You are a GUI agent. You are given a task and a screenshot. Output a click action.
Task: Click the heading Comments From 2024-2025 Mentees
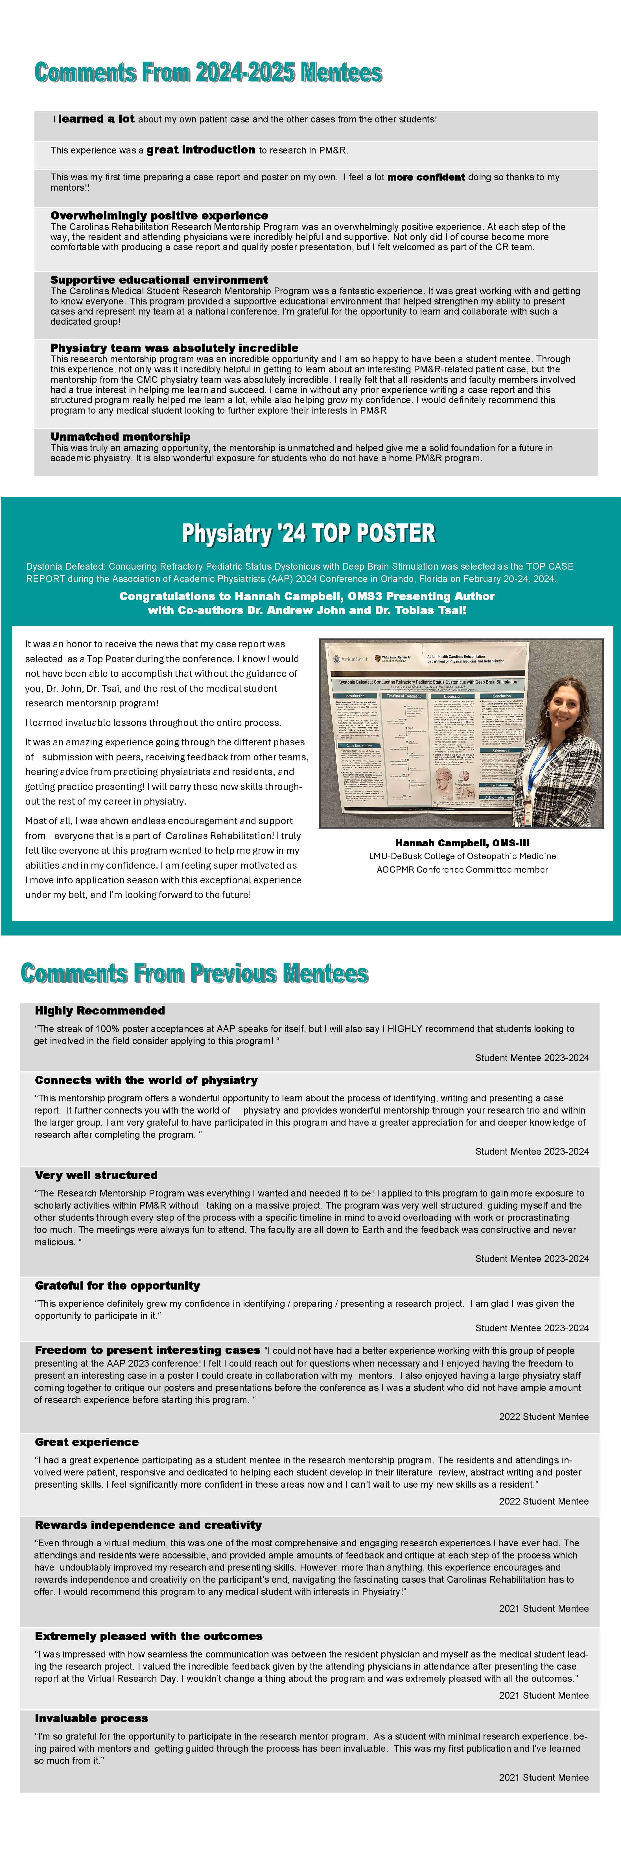pyautogui.click(x=208, y=73)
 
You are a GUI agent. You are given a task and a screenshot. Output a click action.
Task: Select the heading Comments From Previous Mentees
pyautogui.click(x=194, y=974)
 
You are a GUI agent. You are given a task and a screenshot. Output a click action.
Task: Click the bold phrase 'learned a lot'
pyautogui.click(x=96, y=119)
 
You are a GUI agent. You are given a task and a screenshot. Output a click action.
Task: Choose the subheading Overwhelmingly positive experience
pyautogui.click(x=159, y=216)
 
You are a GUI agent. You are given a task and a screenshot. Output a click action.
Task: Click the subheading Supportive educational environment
pyautogui.click(x=159, y=280)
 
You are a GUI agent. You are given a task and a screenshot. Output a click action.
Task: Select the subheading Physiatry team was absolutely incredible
pyautogui.click(x=174, y=348)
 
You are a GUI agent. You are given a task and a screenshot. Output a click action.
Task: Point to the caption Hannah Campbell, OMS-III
pyautogui.click(x=462, y=843)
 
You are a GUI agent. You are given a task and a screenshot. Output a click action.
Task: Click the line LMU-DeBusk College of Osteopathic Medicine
pyautogui.click(x=462, y=856)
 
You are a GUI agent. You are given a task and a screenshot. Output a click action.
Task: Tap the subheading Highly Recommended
pyautogui.click(x=100, y=1011)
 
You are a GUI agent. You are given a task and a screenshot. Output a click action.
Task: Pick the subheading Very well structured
pyautogui.click(x=96, y=1175)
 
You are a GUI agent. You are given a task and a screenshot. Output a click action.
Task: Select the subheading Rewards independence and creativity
pyautogui.click(x=148, y=1525)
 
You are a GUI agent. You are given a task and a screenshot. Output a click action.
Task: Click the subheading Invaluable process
pyautogui.click(x=91, y=1718)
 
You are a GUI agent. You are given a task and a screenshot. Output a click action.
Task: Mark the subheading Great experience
pyautogui.click(x=87, y=1442)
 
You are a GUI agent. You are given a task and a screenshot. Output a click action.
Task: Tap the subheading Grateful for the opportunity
pyautogui.click(x=117, y=1286)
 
